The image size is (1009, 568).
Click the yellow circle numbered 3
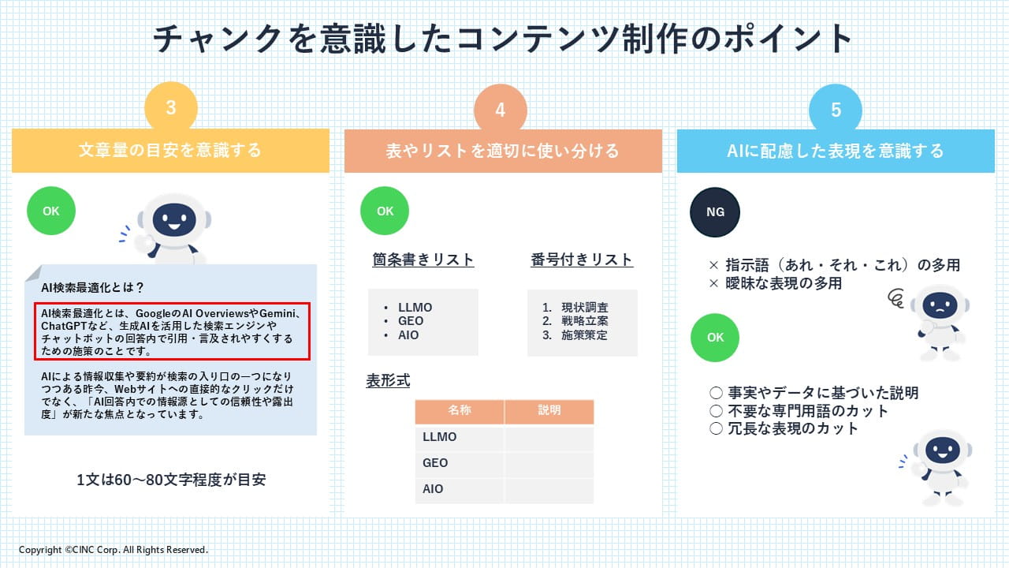point(171,108)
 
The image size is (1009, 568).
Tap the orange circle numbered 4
point(500,110)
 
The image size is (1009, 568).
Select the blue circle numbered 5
point(836,110)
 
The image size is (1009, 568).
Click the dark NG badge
point(715,212)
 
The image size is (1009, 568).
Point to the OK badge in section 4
point(385,211)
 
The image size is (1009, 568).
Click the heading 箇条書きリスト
point(423,260)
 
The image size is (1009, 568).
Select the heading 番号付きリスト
point(582,260)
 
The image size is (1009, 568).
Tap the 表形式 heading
point(388,381)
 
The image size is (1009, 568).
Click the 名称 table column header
point(460,410)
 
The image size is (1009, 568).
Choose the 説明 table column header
point(549,410)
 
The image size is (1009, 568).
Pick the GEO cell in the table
point(435,463)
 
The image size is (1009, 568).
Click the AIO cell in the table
point(433,489)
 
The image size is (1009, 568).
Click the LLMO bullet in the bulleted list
point(415,308)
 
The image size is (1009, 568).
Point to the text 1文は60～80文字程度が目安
point(171,480)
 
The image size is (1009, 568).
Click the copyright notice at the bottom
point(114,550)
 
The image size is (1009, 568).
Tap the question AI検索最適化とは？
point(92,287)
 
